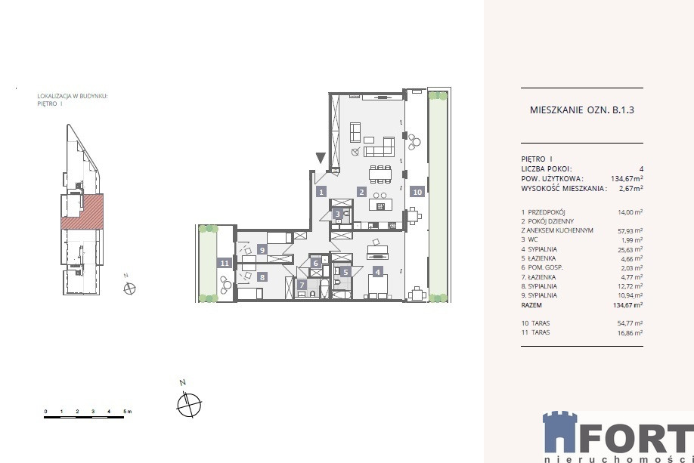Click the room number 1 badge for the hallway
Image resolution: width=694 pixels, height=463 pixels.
click(x=321, y=192)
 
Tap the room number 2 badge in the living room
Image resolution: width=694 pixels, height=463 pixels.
click(x=362, y=192)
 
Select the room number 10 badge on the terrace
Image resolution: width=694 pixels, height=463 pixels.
click(x=417, y=192)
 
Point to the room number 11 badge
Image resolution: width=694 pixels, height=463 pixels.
click(x=225, y=263)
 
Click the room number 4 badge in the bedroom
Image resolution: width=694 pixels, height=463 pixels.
click(x=377, y=272)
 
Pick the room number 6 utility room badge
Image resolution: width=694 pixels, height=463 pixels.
click(x=315, y=263)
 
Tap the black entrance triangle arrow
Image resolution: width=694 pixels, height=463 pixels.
click(x=321, y=158)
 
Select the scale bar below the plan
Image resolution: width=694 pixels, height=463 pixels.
click(x=84, y=417)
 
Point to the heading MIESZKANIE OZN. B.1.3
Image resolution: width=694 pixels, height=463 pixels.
click(x=582, y=110)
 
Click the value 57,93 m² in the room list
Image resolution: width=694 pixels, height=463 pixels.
click(x=630, y=231)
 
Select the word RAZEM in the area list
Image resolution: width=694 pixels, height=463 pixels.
click(x=531, y=304)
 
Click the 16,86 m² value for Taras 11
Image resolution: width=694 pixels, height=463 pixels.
click(x=630, y=333)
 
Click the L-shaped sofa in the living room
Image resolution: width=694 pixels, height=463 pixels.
click(x=380, y=147)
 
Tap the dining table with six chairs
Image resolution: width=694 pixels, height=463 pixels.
click(x=380, y=174)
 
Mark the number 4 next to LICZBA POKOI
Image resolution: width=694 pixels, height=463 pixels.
click(x=641, y=168)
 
